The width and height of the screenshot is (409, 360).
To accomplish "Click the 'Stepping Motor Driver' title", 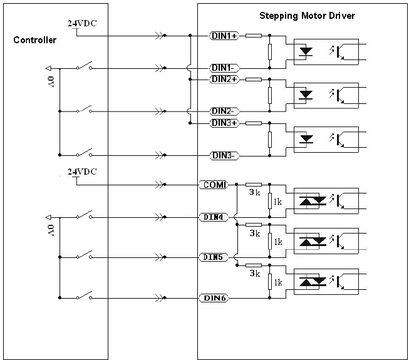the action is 307,16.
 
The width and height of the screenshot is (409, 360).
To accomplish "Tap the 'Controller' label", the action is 34,40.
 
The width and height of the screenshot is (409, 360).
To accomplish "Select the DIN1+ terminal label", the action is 224,36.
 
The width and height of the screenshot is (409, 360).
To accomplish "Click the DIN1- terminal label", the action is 224,68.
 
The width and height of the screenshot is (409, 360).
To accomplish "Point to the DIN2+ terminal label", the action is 224,79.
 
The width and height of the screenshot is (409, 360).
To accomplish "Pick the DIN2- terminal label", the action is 224,111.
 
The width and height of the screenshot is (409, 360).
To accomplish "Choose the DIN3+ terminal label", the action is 224,123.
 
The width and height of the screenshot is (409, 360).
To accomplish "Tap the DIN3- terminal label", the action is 224,156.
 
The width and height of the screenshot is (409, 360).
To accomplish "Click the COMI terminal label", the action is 214,185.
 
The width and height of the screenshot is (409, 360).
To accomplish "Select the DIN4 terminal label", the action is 214,217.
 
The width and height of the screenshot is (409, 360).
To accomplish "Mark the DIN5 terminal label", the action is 214,257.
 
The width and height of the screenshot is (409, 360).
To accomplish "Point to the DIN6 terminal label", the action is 214,297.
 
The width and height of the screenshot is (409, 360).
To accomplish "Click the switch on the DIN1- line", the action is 85,66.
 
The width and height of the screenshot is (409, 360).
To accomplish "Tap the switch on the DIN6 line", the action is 85,295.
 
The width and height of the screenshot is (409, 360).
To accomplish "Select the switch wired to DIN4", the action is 85,215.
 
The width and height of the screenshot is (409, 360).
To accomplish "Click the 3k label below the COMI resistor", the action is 254,192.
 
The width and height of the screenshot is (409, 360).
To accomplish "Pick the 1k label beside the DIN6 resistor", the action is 278,282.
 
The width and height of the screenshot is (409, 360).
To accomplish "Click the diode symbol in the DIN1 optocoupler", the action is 306,51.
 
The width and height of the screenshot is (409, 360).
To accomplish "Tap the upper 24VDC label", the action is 82,23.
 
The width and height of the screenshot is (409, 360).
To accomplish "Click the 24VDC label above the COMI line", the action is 82,172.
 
